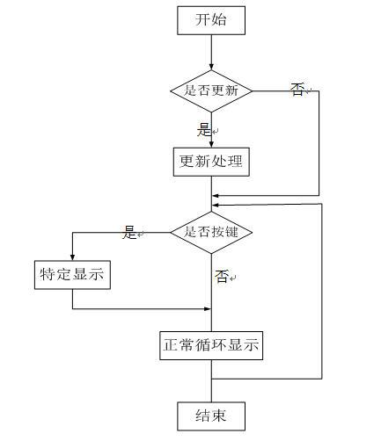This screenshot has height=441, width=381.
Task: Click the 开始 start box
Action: click(211, 20)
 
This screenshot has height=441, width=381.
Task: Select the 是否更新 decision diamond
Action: click(211, 90)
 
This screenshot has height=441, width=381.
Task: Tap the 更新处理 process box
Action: click(211, 162)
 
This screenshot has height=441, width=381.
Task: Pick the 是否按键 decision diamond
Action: click(211, 233)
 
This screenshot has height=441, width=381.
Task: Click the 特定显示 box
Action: click(72, 275)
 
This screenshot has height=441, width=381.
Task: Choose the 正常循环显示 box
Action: click(211, 345)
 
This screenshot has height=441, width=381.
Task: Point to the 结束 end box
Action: click(211, 416)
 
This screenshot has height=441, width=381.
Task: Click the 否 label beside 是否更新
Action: click(297, 90)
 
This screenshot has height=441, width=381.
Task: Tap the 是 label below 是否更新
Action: click(204, 130)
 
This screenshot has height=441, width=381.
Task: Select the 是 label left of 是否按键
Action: click(129, 233)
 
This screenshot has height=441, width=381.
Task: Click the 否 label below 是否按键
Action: click(222, 277)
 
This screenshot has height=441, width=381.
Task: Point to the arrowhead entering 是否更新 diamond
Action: click(211, 67)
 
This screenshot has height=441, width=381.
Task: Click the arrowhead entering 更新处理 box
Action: click(211, 145)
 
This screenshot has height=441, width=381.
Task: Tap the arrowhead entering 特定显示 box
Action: click(72, 257)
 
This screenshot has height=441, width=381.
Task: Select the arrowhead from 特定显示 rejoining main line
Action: click(208, 308)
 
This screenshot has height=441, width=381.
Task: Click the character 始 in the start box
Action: click(219, 20)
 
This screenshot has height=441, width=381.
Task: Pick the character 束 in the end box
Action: click(219, 416)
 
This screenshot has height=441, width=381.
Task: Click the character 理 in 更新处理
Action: click(235, 162)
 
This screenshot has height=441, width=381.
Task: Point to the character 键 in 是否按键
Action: click(231, 233)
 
